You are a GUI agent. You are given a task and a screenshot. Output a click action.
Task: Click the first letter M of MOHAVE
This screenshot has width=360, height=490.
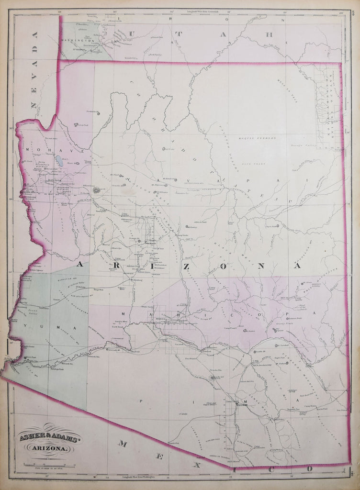(x=29, y=150)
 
